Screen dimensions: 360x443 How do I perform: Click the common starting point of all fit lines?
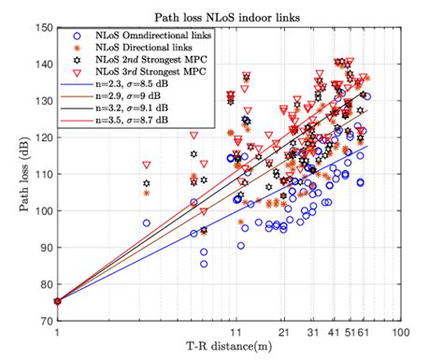tap(58, 301)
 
